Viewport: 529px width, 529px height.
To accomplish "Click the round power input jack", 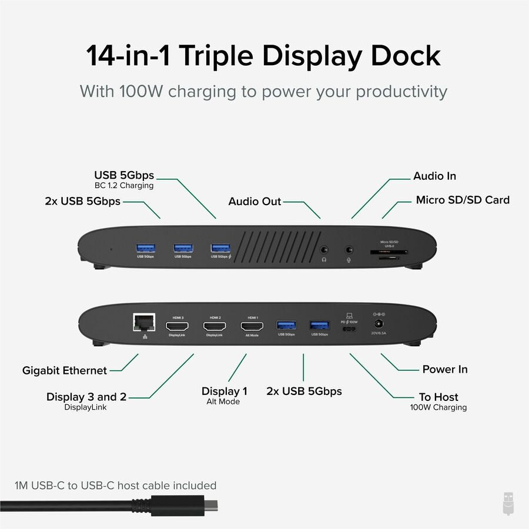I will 378,324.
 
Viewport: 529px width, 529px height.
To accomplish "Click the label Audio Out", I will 255,202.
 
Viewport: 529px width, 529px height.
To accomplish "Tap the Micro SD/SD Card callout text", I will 463,200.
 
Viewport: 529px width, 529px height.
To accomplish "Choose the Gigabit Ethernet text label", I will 65,371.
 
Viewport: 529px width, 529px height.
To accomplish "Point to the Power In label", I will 445,369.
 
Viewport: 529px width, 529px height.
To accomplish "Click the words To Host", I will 438,397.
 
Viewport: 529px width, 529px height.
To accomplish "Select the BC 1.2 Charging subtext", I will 123,186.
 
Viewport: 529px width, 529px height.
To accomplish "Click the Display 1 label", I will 224,391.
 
